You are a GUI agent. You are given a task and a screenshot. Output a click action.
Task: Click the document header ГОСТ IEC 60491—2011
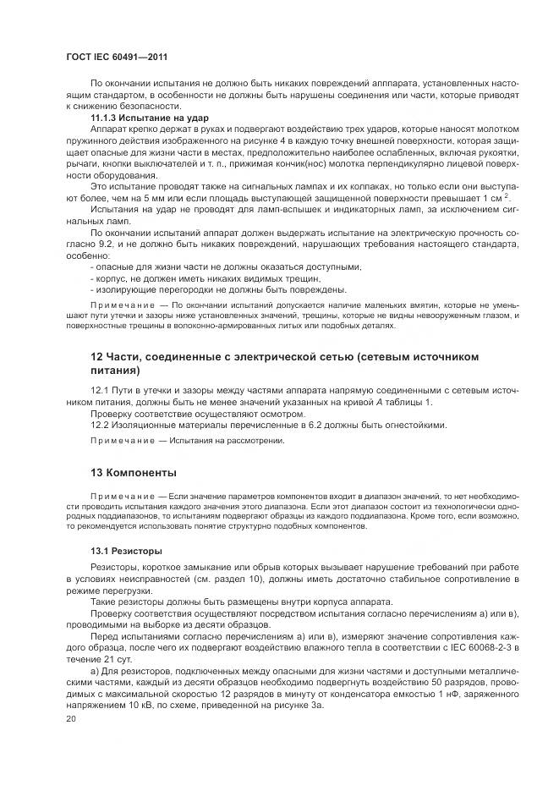coord(110,56)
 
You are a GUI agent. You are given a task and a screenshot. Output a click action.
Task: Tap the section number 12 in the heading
coord(96,357)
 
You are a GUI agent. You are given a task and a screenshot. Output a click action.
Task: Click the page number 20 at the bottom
coord(70,718)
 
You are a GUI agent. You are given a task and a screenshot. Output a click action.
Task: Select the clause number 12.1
coord(100,390)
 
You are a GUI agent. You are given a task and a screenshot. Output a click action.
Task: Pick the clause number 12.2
coord(100,425)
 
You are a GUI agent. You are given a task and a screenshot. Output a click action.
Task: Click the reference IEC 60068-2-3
coord(479,647)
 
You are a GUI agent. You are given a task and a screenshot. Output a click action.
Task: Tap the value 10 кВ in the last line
coord(156,705)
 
